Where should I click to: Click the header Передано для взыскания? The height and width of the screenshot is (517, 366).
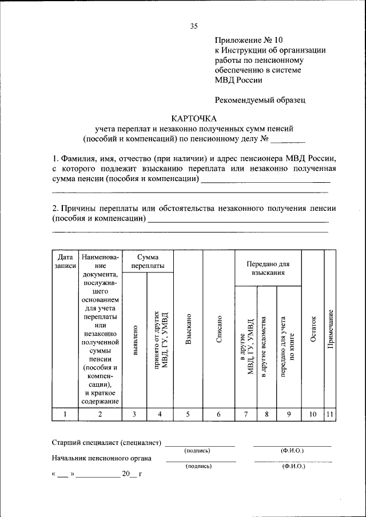(x=268, y=268)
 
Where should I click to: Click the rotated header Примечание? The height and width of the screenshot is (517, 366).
(x=331, y=337)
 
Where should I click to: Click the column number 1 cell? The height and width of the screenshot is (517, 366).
(x=65, y=415)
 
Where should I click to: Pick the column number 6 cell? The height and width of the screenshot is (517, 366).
(x=219, y=415)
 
